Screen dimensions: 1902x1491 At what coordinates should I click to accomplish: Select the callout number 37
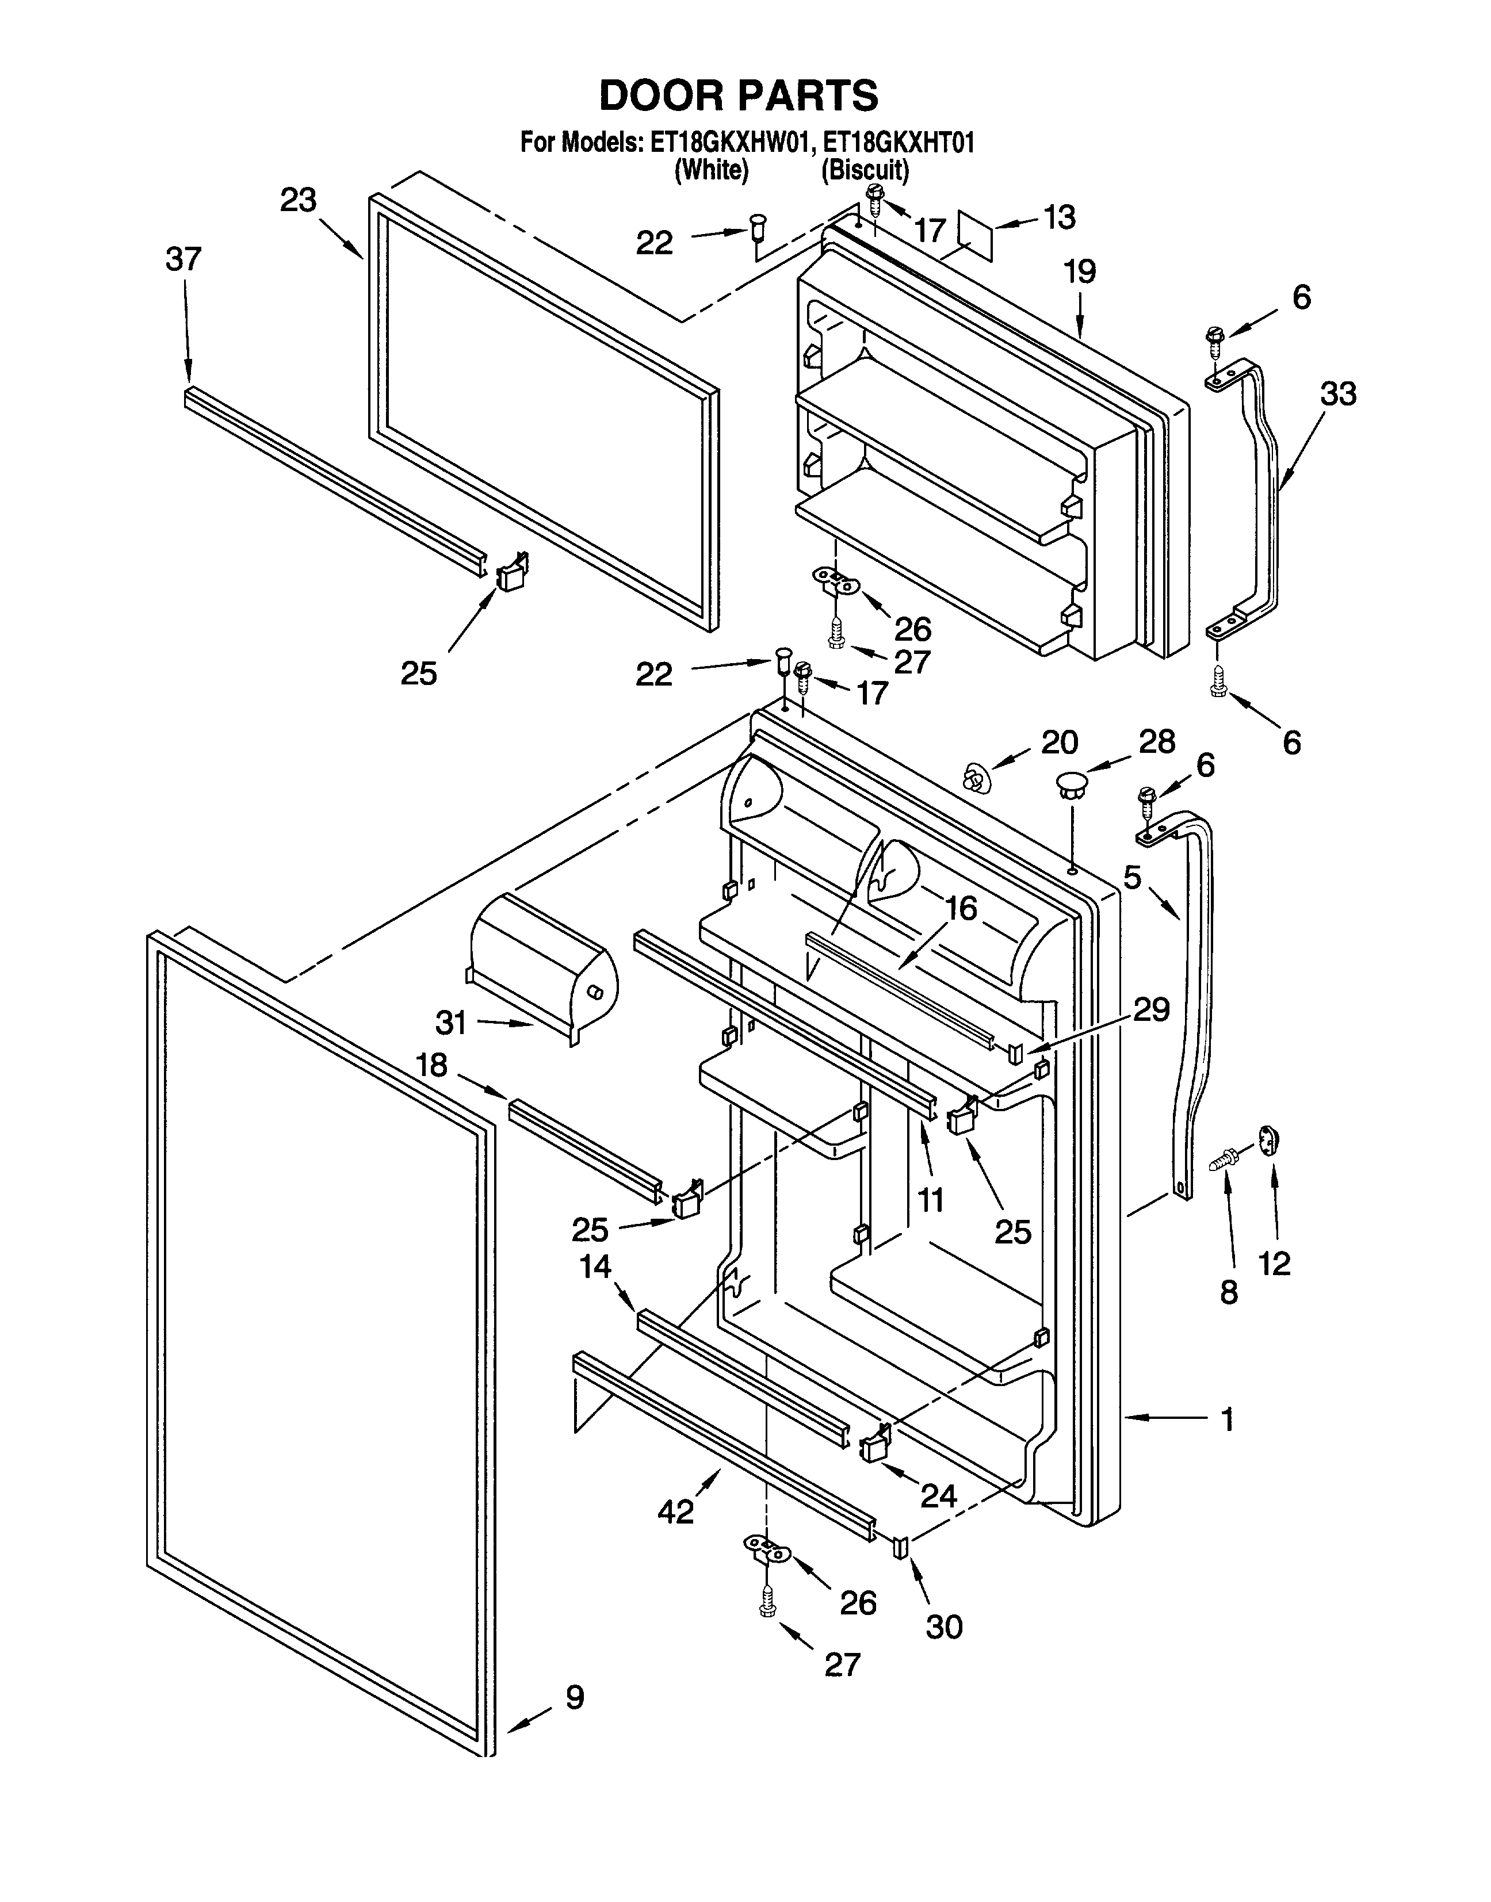coord(183,259)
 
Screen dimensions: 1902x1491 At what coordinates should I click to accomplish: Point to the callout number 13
coord(1059,217)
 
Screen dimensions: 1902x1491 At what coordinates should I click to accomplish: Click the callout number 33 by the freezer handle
coord(1338,395)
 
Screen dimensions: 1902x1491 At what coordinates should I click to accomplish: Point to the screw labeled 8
coord(1226,1160)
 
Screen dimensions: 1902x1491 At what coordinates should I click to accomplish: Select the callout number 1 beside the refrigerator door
coord(1228,1420)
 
